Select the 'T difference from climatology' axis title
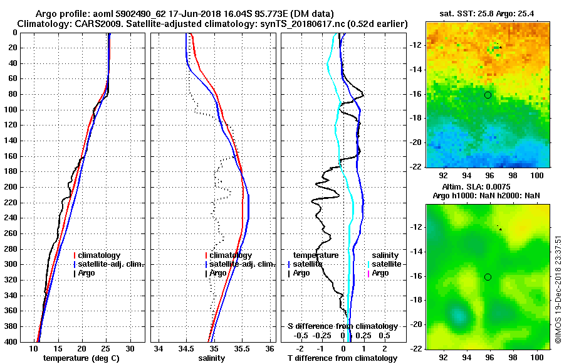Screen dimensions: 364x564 342,358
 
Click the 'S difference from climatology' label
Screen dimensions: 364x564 342,326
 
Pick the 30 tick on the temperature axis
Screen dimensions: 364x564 130,349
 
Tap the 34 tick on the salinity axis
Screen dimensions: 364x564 159,349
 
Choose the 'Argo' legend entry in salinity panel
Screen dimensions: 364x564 218,273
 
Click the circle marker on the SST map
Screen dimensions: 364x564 488,95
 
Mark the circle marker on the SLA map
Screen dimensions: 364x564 488,277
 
